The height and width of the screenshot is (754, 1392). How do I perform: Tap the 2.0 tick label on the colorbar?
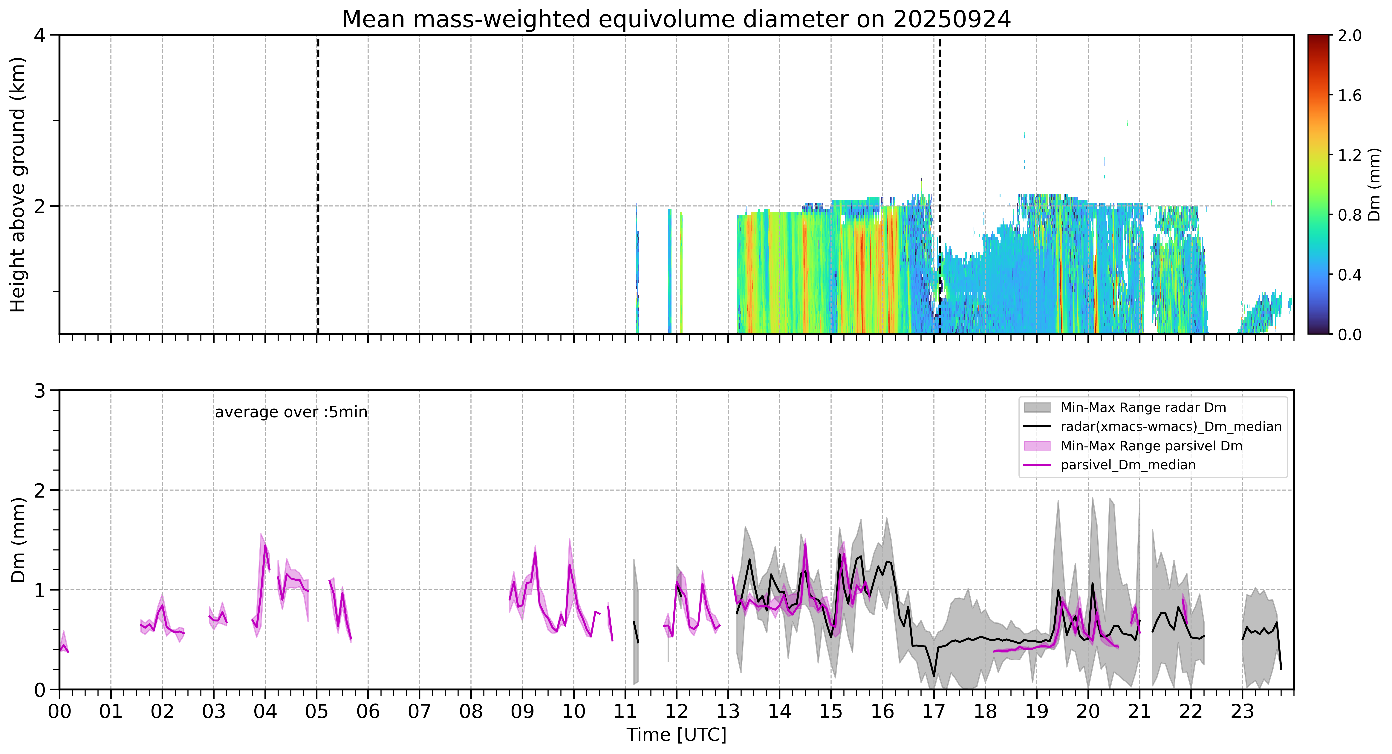pos(1349,36)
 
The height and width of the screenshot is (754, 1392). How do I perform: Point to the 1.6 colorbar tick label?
pos(1349,96)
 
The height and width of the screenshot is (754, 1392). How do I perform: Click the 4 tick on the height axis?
pos(39,36)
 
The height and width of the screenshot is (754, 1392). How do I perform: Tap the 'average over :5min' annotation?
pos(291,412)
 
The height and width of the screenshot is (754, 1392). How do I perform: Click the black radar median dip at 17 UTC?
pos(934,676)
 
